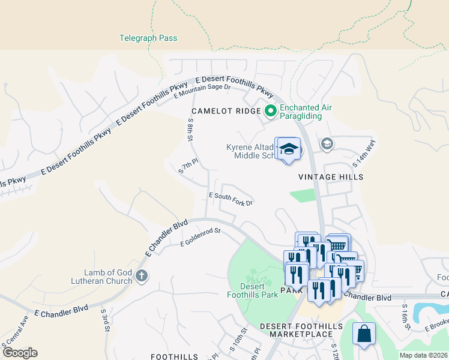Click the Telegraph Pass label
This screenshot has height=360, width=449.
pos(148,38)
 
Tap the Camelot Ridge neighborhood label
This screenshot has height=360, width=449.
pos(226,111)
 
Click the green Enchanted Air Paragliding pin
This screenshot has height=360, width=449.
pos(270,110)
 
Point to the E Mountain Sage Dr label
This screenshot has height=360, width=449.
pos(202,91)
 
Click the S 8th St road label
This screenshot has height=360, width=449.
pos(190,129)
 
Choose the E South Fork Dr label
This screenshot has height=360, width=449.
pos(231,199)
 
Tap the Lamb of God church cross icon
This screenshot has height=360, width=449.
pos(141,277)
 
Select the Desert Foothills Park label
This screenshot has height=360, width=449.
pos(252,290)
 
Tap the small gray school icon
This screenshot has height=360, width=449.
pos(327,143)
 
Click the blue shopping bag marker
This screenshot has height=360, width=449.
pos(364,335)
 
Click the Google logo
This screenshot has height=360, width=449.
pos(19,353)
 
